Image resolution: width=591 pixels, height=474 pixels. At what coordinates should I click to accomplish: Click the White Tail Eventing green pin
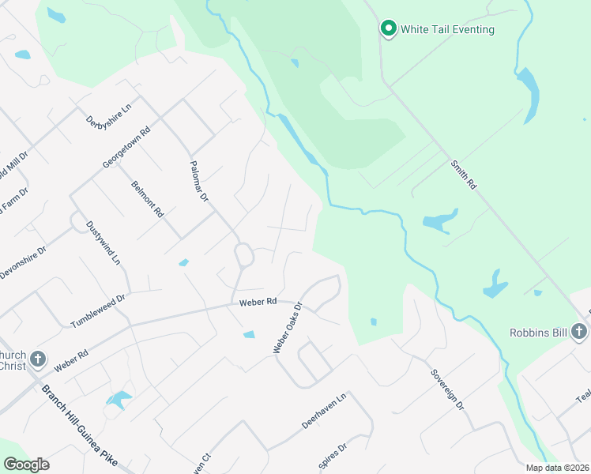[x=388, y=29]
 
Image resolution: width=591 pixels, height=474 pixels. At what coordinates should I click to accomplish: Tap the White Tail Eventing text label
[x=447, y=30]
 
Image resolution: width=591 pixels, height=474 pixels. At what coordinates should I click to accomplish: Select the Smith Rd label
[x=464, y=175]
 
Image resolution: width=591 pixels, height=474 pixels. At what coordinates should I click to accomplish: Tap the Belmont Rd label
[x=147, y=199]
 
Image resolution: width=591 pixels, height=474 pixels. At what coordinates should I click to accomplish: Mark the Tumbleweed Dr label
[x=98, y=312]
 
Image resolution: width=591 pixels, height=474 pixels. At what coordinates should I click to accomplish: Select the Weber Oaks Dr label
[x=288, y=328]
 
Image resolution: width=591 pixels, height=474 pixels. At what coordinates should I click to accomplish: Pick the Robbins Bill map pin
[x=581, y=333]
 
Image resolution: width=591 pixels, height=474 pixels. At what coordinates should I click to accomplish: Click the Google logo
[x=26, y=465]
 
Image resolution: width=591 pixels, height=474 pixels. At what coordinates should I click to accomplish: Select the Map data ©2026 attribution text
[x=558, y=468]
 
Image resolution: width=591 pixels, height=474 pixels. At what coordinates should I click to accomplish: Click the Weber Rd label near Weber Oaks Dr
[x=258, y=302]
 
